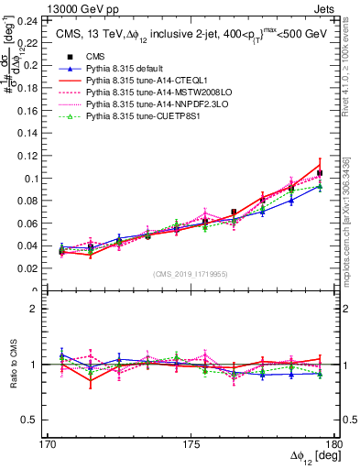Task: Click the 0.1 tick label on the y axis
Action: (35, 179)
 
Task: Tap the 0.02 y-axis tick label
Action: (32, 269)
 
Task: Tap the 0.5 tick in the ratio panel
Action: (35, 420)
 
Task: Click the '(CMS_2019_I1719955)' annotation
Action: (191, 274)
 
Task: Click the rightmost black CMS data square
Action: (320, 173)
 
